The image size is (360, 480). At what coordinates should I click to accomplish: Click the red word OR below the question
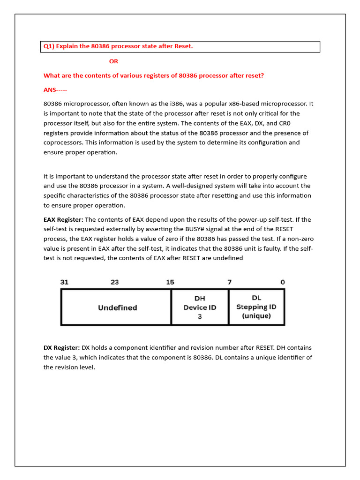[x=113, y=61]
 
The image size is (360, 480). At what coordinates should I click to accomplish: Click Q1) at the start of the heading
[x=49, y=46]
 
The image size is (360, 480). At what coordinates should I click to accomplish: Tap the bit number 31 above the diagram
[x=65, y=282]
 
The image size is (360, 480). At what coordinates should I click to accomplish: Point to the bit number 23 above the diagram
[x=114, y=282]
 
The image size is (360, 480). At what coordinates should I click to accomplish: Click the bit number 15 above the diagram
[x=170, y=282]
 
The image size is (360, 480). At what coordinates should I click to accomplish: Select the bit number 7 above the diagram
[x=229, y=282]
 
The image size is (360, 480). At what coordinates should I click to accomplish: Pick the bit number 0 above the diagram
[x=282, y=282]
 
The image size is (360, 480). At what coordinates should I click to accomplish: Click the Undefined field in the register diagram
[x=117, y=307]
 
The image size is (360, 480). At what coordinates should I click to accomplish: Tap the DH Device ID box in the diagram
[x=200, y=307]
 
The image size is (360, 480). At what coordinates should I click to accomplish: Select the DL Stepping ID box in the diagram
[x=256, y=307]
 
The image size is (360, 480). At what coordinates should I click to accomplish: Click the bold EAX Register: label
[x=63, y=219]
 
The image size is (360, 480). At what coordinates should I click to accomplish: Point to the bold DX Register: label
[x=62, y=348]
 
